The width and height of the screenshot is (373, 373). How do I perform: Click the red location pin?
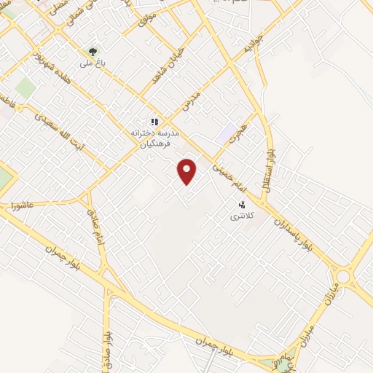[187, 171]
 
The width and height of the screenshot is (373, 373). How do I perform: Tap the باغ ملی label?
[93, 63]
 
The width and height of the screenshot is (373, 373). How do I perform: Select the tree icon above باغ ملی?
[93, 52]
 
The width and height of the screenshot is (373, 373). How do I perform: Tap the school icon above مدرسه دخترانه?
[154, 122]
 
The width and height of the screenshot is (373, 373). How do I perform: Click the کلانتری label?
[240, 216]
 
